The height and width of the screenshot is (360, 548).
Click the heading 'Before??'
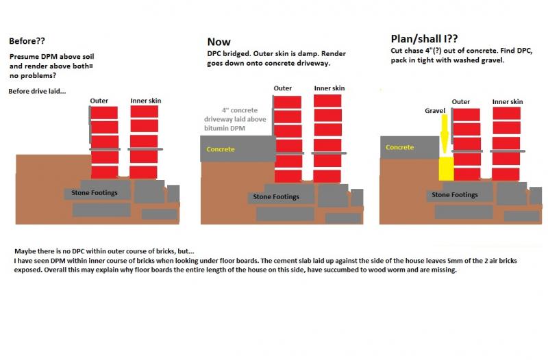27,41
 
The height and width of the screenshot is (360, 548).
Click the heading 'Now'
219,42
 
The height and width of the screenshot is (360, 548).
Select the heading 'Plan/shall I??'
424,38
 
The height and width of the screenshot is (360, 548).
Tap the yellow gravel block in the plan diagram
446,168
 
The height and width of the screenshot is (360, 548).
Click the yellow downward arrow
444,134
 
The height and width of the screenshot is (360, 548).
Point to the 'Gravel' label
435,111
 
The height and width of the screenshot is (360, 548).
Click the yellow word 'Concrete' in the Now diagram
221,149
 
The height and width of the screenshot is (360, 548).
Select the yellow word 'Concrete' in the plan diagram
400,147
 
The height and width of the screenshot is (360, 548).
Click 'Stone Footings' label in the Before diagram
95,193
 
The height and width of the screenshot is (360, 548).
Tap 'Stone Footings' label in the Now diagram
276,196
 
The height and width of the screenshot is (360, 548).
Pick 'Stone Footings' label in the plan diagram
455,194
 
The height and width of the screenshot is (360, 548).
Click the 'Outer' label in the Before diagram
99,101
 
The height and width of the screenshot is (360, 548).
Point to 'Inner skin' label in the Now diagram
329,88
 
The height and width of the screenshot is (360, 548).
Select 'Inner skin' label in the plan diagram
508,101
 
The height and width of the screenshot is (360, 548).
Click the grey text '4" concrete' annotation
240,110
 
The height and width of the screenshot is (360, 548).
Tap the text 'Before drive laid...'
37,91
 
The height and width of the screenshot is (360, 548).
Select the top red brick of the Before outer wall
104,113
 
